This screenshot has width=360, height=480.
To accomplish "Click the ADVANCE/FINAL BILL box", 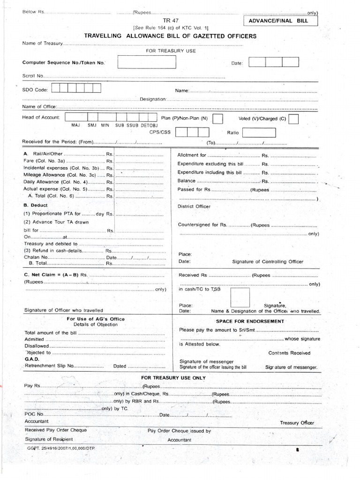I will pos(280,21).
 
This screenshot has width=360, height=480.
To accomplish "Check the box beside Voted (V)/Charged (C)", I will pos(294,119).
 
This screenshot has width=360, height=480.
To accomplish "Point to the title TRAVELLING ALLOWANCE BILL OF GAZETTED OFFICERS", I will pos(170,36).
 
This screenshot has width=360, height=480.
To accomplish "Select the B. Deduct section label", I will pos(32,205).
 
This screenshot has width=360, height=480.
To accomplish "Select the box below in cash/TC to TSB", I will pos(240,297).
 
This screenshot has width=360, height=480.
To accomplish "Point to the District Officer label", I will pos(194,206).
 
